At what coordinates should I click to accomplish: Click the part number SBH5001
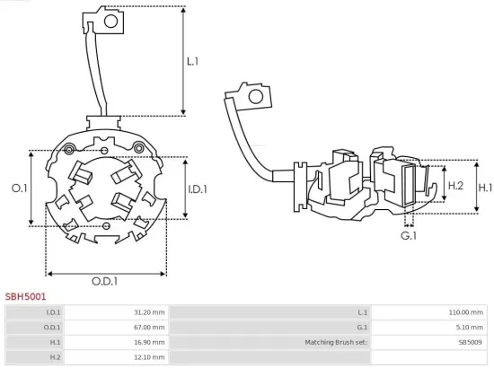26,295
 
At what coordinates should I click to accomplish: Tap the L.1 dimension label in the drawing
192,62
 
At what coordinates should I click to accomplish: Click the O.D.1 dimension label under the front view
105,281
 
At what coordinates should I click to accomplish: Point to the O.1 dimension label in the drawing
19,188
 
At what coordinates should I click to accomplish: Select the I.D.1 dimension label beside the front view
198,189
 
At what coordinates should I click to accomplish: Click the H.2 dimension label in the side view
455,186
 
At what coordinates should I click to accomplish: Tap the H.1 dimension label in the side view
485,188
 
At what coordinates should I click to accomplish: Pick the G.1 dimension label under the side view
409,235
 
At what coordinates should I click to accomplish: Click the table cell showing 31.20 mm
150,312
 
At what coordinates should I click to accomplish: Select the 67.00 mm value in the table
150,328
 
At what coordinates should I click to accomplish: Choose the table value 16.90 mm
150,343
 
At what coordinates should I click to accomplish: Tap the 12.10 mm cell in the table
150,357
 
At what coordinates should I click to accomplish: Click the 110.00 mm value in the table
466,312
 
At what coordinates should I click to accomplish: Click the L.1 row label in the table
363,312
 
